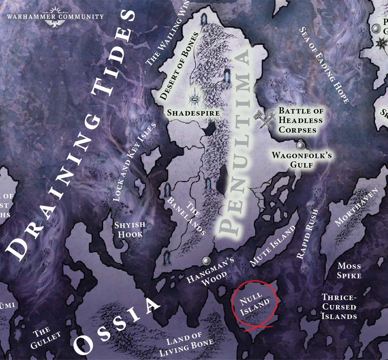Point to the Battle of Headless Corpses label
[300, 120]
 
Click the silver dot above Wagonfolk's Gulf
[300, 146]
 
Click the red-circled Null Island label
[255, 303]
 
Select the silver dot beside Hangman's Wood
[206, 260]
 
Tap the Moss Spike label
[349, 271]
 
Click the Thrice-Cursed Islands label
[339, 307]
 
